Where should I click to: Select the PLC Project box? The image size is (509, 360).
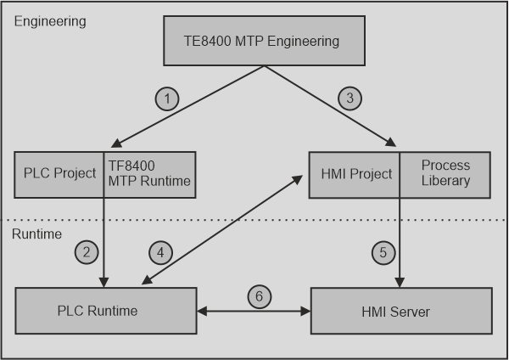click(x=59, y=174)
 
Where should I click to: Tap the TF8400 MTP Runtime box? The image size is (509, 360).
click(x=149, y=174)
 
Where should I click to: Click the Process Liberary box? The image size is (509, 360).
click(x=445, y=174)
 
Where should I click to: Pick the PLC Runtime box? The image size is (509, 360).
click(x=106, y=311)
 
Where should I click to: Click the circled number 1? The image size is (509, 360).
click(x=168, y=99)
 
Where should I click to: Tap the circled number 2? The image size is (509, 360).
click(x=87, y=250)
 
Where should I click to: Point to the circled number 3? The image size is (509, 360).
click(x=350, y=99)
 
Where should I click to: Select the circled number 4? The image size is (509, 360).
click(x=161, y=251)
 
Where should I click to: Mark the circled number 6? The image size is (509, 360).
click(x=260, y=296)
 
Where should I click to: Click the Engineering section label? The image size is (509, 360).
click(x=49, y=20)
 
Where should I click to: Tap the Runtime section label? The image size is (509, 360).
click(x=37, y=233)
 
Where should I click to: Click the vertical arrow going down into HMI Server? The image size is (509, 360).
click(x=399, y=255)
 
